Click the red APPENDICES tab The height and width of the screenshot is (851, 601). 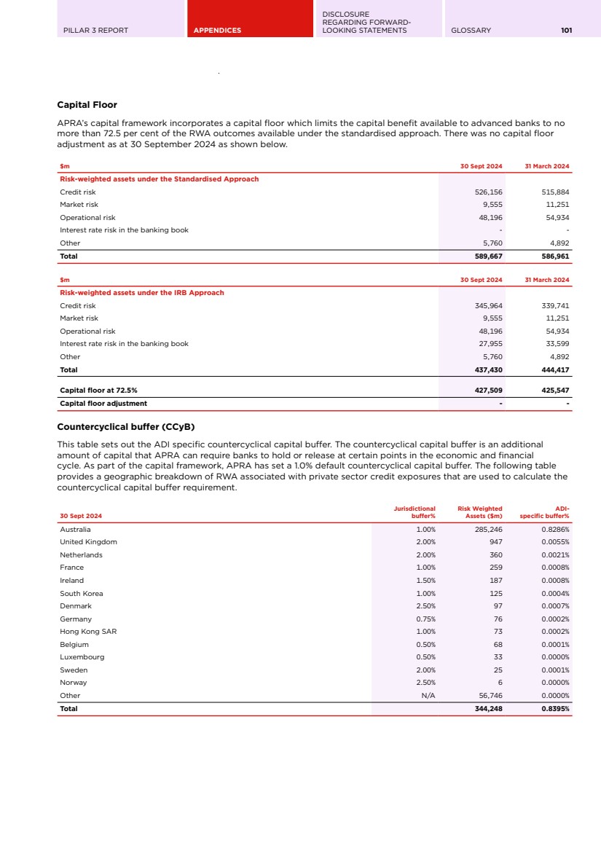217,31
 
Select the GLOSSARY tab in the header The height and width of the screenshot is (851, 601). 471,31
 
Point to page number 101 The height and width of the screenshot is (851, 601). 566,31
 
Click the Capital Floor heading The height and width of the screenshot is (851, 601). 87,105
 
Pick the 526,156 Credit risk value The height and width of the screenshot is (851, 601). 488,192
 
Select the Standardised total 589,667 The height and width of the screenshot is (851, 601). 488,256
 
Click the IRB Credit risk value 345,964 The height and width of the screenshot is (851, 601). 488,306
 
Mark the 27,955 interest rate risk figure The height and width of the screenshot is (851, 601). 490,344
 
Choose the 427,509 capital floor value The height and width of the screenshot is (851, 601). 488,391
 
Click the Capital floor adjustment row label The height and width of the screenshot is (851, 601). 103,404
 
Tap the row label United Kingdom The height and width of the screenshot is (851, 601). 88,542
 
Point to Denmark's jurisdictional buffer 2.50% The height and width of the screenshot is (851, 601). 425,606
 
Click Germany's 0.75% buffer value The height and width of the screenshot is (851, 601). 425,619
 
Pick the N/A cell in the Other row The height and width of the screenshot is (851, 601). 428,696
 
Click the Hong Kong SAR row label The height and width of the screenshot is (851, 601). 88,632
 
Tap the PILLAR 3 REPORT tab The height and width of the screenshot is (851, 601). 96,31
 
